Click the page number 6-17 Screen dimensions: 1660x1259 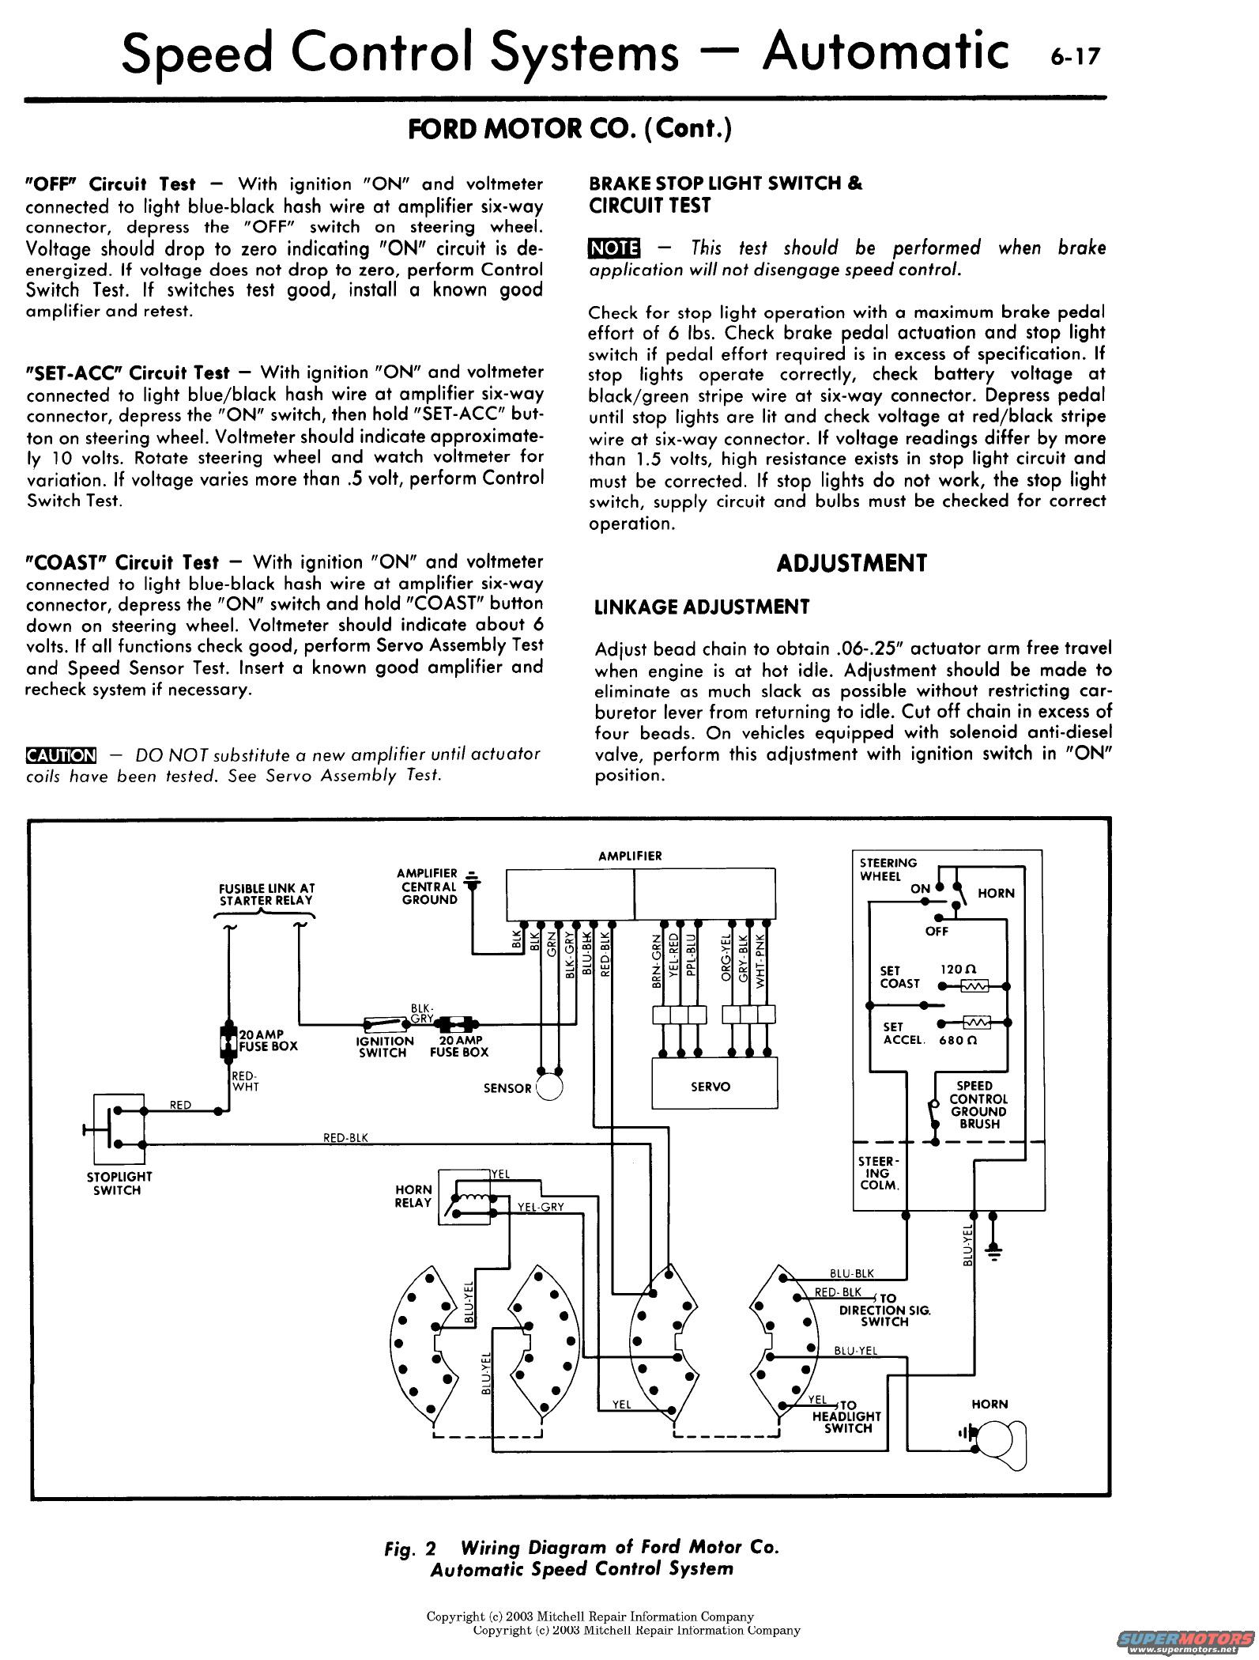1074,58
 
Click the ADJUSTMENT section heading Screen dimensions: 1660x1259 850,563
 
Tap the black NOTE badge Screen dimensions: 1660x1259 614,248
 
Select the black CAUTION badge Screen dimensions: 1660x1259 61,754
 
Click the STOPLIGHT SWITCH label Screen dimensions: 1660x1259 119,1183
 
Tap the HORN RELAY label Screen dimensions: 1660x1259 413,1196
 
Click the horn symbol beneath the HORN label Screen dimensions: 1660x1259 997,1432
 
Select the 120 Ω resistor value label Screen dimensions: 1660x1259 958,969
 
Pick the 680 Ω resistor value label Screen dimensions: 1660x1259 958,1040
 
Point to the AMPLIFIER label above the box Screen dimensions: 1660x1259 630,856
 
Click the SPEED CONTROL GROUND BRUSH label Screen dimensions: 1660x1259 978,1104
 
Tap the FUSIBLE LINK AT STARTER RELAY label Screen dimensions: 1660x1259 266,894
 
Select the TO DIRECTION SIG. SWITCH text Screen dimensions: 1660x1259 884,1309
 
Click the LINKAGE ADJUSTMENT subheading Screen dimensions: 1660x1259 702,607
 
